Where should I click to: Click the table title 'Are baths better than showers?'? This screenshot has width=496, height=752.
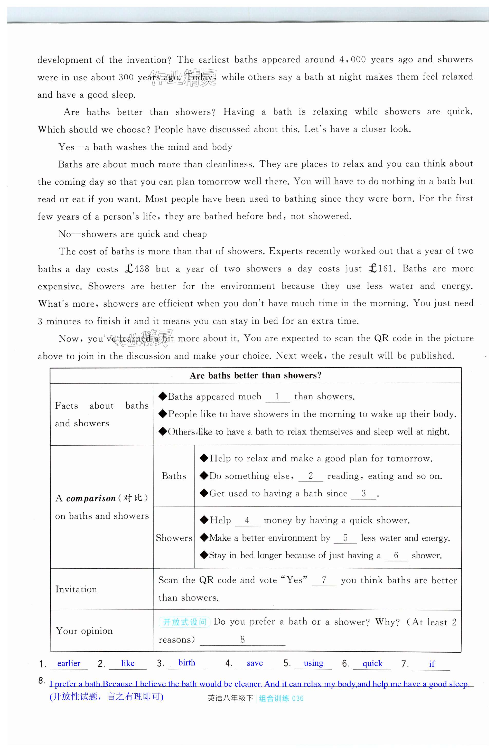tap(256, 375)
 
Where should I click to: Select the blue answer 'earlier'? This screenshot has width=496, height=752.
tap(69, 663)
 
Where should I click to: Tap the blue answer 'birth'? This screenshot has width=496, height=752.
tap(187, 663)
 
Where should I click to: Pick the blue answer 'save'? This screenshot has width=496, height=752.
tap(255, 663)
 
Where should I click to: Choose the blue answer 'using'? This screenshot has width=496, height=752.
tap(313, 663)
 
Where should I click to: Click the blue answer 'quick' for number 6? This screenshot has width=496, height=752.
tap(372, 663)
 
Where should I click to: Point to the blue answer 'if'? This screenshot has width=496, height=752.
tap(432, 664)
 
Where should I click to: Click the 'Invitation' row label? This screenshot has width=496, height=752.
tap(76, 589)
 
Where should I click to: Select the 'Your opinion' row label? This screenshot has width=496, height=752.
tap(84, 631)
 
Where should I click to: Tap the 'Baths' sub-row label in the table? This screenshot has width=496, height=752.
tap(174, 476)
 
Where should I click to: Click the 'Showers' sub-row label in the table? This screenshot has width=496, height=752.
tap(174, 538)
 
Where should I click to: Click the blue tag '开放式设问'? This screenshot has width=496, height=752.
tap(184, 622)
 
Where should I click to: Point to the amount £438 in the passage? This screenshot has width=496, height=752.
tap(137, 269)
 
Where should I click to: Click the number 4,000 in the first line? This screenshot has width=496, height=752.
tap(352, 59)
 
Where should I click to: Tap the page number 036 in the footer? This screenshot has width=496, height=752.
tap(298, 699)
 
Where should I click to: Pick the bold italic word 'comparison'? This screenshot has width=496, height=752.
tap(91, 499)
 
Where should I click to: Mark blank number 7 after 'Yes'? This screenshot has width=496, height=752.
tap(324, 580)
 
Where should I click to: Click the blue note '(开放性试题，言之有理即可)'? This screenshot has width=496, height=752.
tap(106, 697)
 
